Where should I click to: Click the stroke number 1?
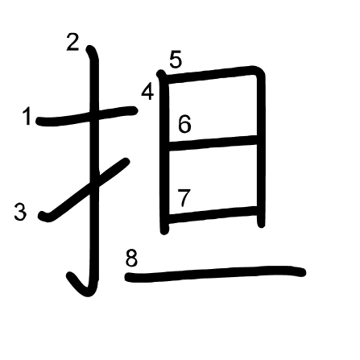pos(27,116)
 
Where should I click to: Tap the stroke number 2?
pos(72,43)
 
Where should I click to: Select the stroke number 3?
pos(21,212)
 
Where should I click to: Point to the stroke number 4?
pos(148,92)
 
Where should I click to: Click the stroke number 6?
pos(184,124)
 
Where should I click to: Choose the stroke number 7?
pos(184,198)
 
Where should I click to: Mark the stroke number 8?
pos(131,259)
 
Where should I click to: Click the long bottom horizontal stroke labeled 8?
pos(215,274)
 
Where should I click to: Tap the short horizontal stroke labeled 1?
pos(87,116)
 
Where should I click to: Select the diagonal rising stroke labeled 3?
pos(85,190)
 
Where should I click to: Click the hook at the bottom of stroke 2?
pos(81,286)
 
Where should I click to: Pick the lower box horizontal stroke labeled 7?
pos(213,215)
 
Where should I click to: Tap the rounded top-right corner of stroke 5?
pos(259,72)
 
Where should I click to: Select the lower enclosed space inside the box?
pos(213,180)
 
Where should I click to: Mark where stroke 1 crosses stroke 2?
pos(94,115)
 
